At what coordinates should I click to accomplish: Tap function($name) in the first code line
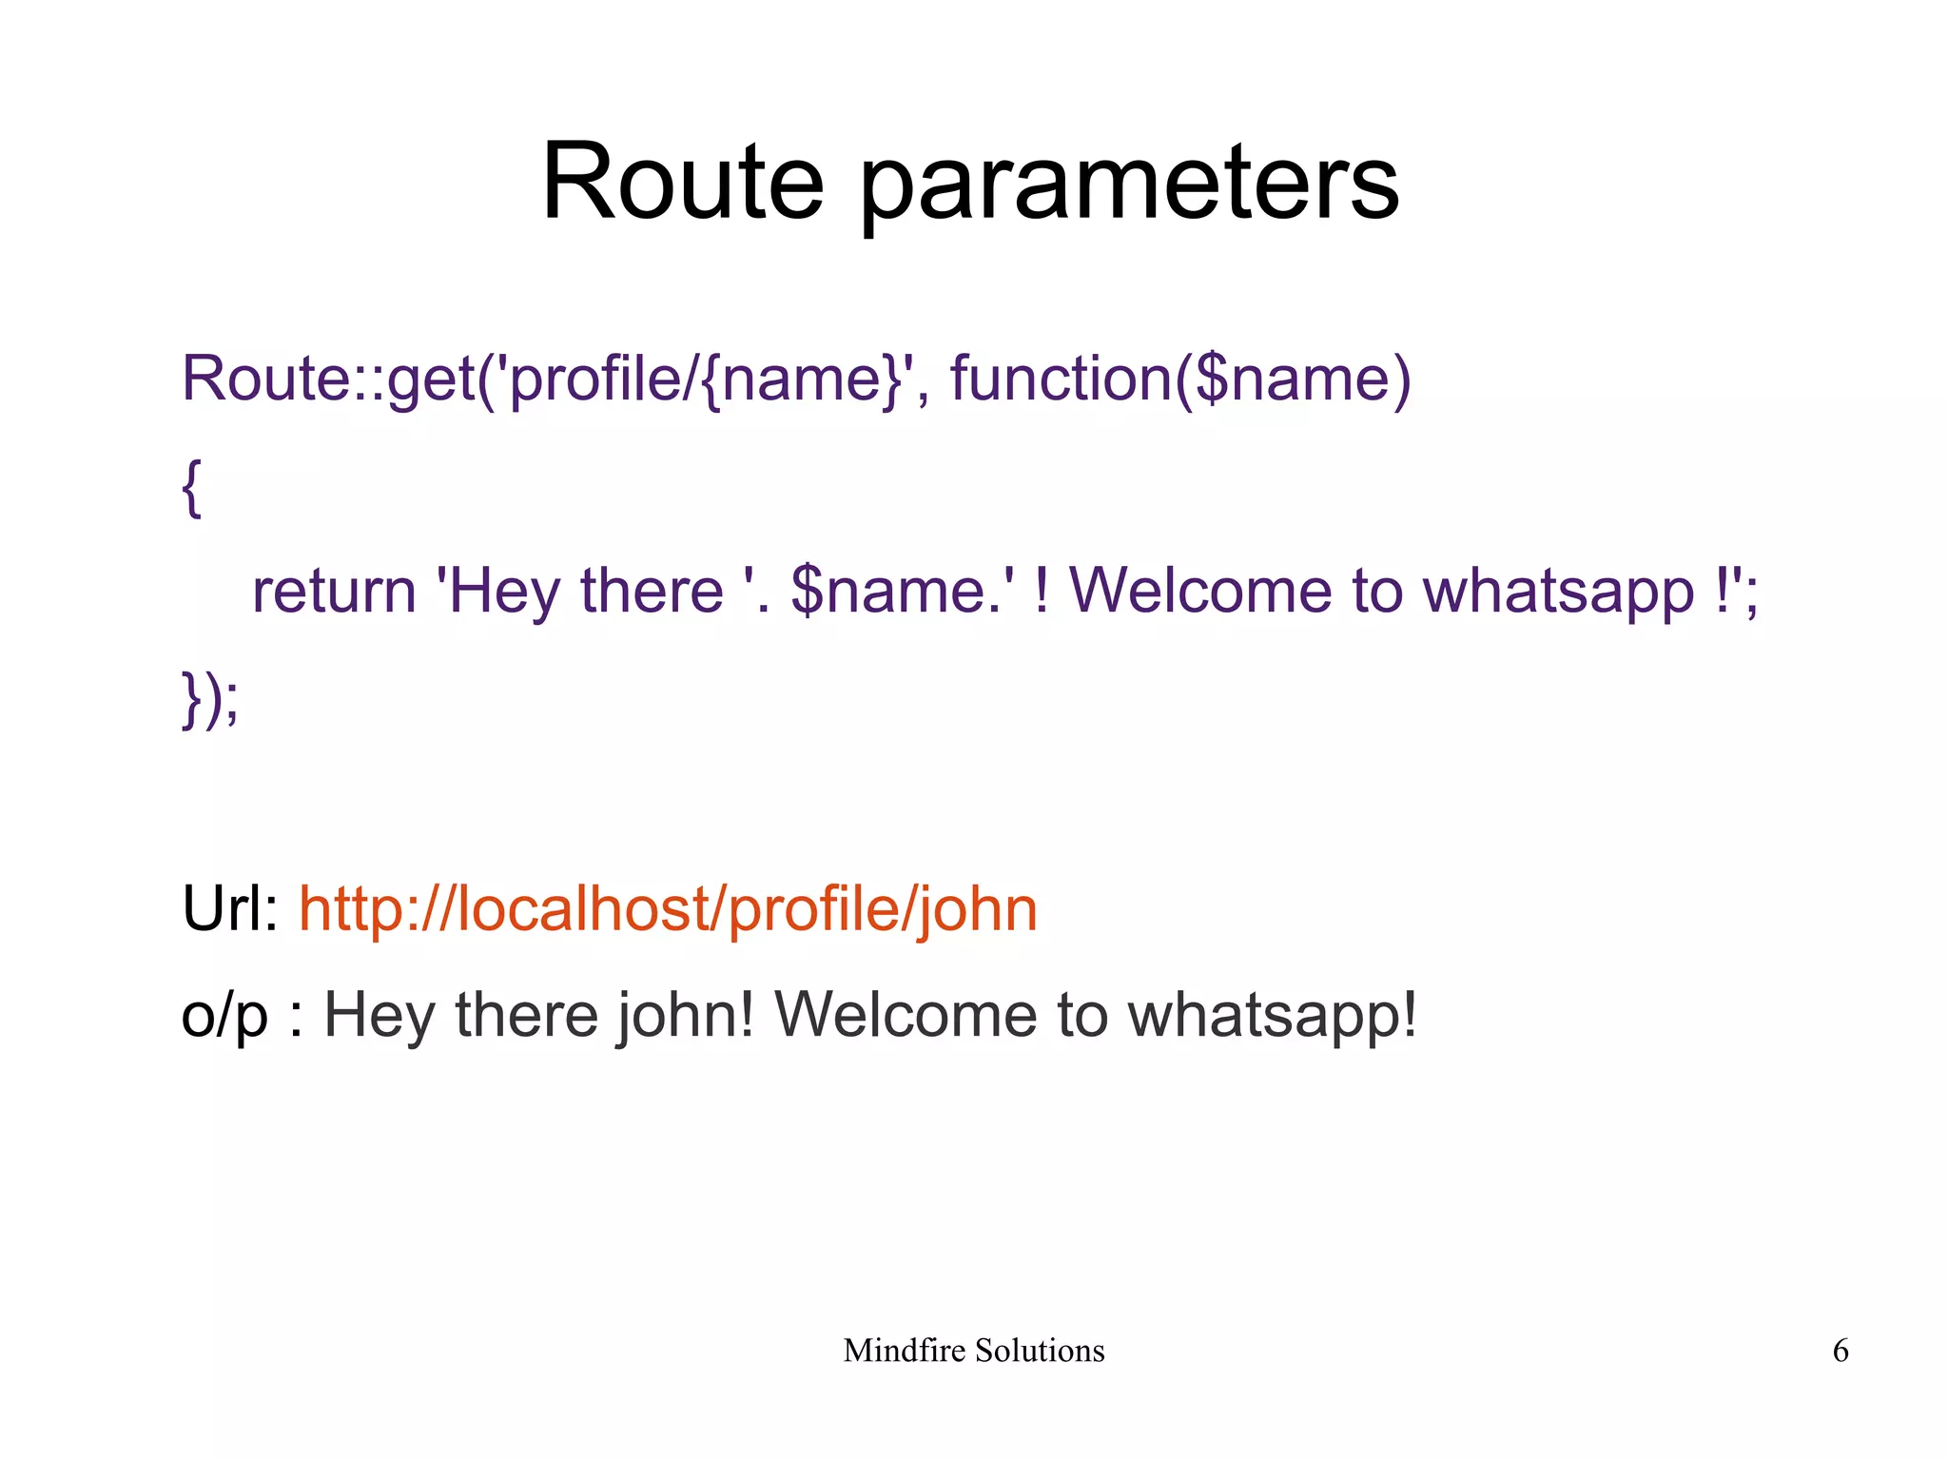pos(1180,379)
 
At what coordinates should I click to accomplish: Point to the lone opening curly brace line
pos(191,488)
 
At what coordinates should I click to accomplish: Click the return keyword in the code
pos(334,592)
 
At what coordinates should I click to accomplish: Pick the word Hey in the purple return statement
pos(504,592)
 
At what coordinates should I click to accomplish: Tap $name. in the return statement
pos(893,592)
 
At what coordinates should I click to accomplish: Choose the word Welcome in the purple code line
pos(1200,592)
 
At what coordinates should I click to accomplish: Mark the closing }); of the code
pos(210,699)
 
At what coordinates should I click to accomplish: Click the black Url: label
pos(229,908)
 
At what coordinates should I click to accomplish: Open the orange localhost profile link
pos(668,910)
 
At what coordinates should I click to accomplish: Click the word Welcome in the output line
pos(905,1015)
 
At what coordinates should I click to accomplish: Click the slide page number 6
pos(1841,1351)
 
